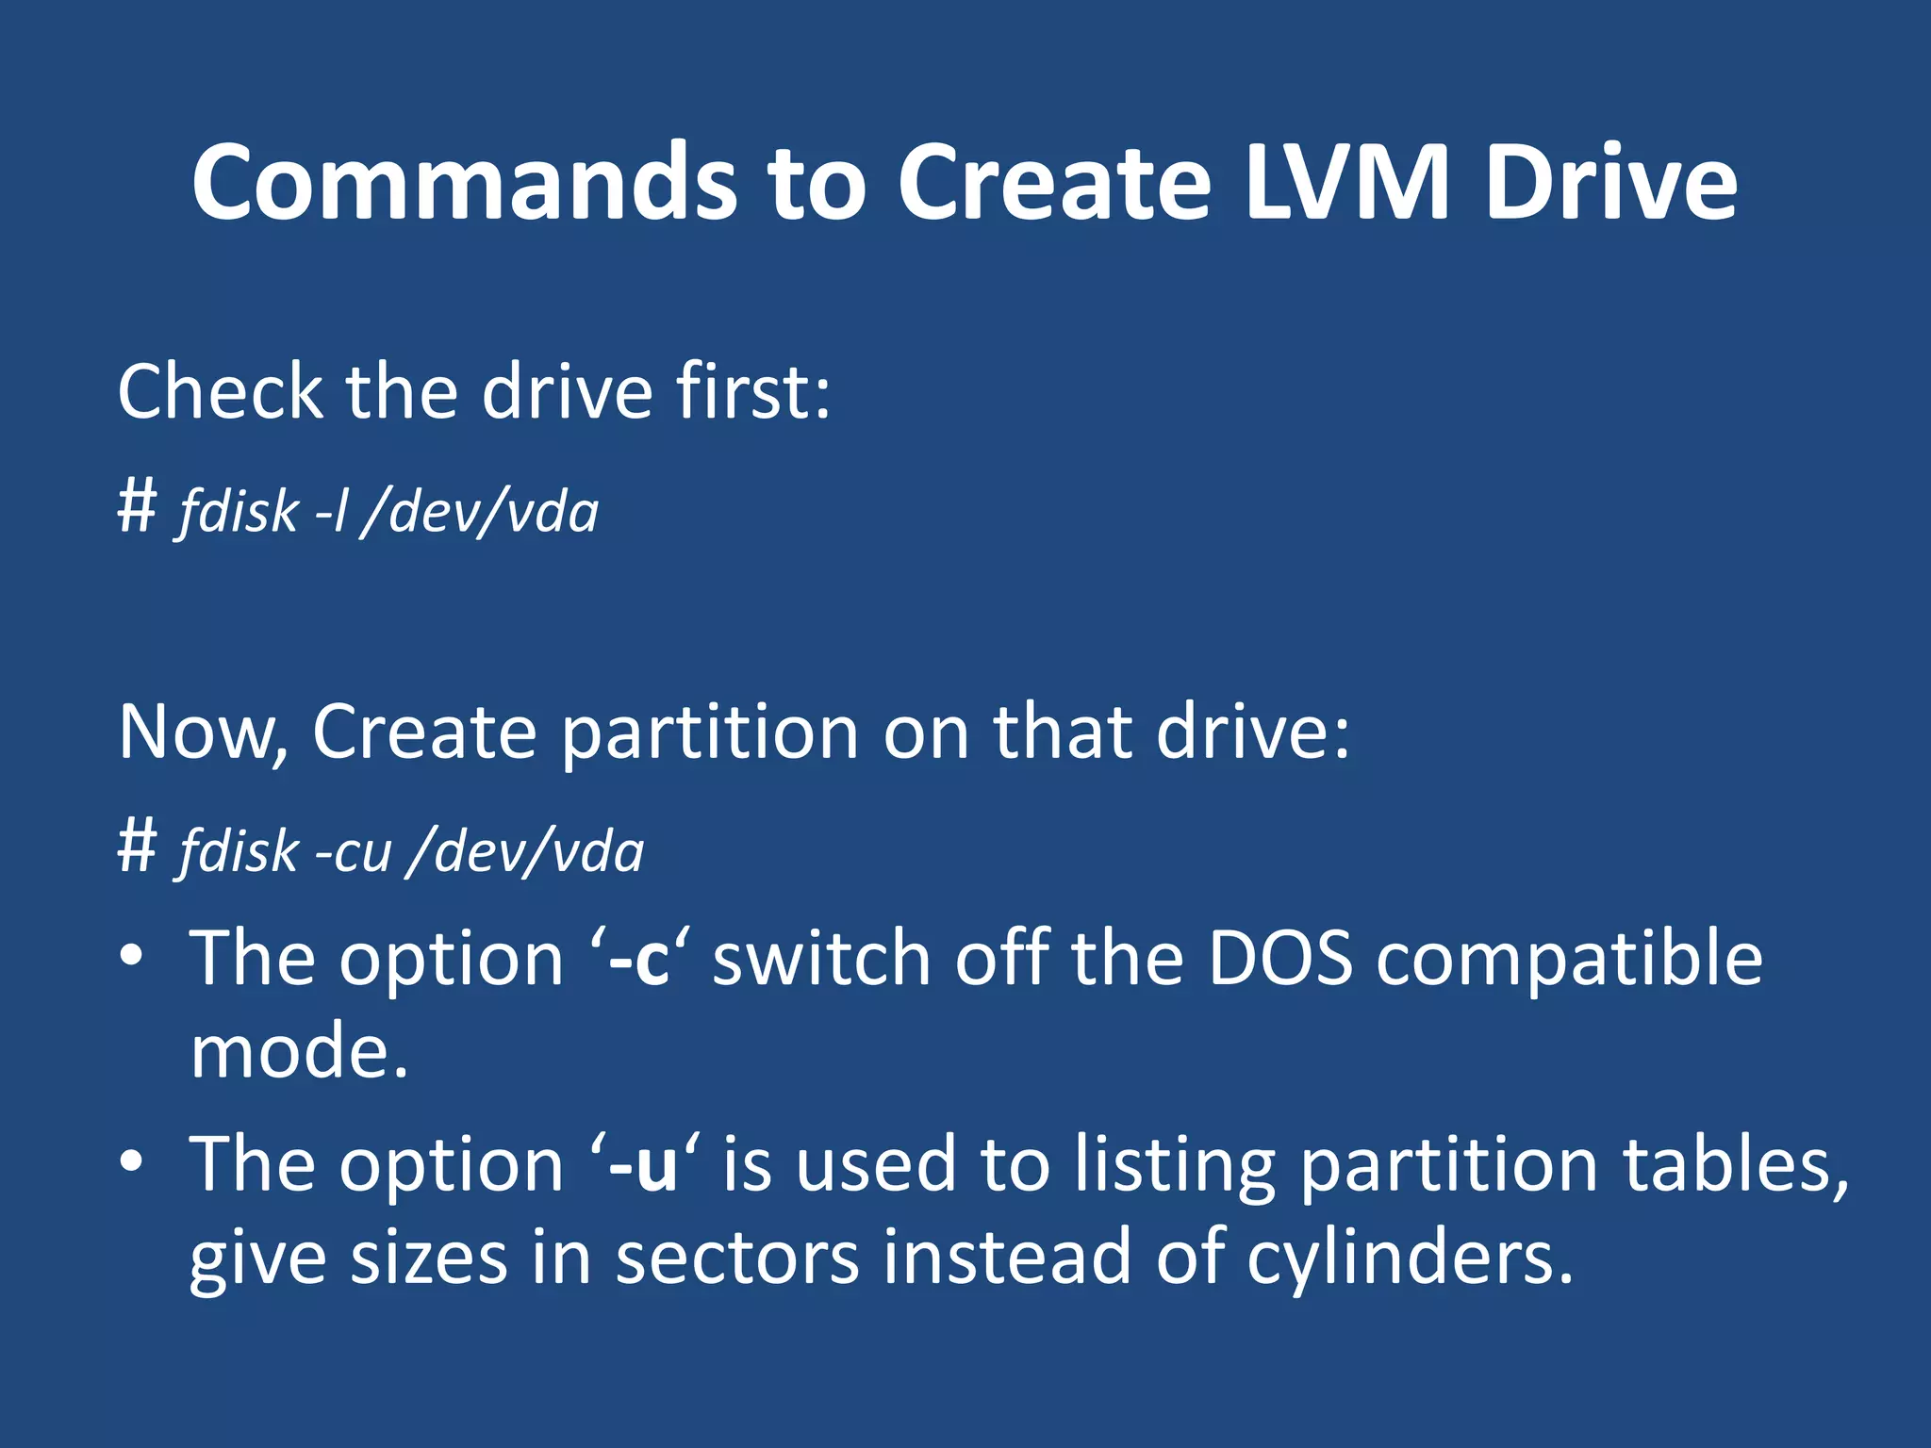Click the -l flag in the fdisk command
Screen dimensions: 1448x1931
coord(331,512)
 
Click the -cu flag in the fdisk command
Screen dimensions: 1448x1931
coord(353,851)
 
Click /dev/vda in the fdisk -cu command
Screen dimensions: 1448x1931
coord(526,851)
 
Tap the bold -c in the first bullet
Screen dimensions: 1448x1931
coord(639,959)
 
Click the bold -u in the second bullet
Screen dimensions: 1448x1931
coord(643,1165)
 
